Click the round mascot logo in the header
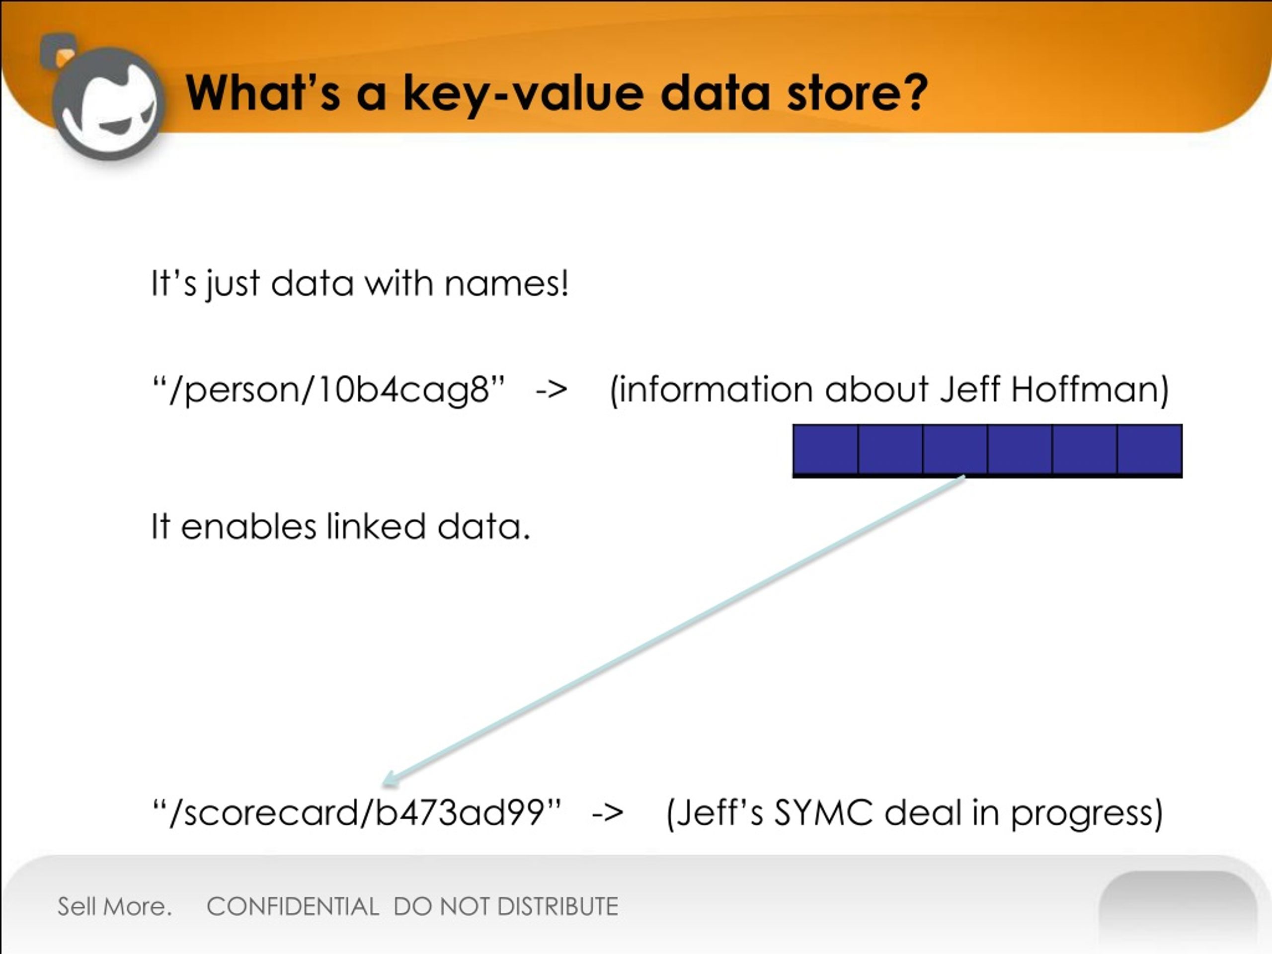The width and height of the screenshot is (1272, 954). point(109,103)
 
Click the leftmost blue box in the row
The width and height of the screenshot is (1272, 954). point(825,449)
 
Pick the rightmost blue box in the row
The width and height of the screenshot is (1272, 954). point(1149,449)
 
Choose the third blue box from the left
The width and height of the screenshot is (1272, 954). point(955,449)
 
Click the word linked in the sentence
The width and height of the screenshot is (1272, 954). point(376,527)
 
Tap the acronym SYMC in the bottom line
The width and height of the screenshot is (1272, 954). point(823,812)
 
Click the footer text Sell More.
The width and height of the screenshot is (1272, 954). point(114,906)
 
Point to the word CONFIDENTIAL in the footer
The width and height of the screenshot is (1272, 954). point(293,907)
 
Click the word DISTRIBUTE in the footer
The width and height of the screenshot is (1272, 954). point(558,907)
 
